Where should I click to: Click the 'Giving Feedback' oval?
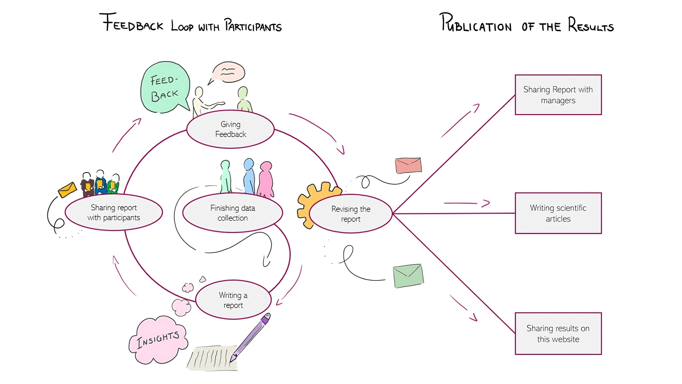231,129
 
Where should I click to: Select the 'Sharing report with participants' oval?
114,213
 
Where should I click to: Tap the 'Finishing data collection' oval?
233,213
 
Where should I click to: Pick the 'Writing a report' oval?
233,300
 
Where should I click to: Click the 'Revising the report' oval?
351,214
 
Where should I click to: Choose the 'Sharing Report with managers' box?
558,95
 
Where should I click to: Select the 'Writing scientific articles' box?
558,213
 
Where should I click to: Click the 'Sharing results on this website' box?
558,334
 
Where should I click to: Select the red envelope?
408,166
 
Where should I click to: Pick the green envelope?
408,276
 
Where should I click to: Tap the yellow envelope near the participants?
67,190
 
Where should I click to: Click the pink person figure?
266,180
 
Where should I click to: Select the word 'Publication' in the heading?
476,24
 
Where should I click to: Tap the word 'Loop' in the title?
182,26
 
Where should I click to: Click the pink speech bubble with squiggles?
228,73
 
